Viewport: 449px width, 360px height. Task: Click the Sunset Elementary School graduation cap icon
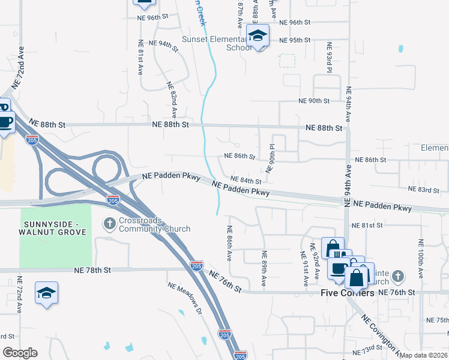pos(258,35)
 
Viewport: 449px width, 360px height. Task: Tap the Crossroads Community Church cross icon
pos(109,224)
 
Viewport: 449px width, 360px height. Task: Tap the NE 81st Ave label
pos(140,57)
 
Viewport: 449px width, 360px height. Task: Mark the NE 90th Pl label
pos(272,157)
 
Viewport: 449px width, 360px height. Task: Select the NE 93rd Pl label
pos(329,58)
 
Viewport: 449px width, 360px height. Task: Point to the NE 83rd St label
pos(424,190)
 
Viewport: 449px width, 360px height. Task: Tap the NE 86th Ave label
pos(229,243)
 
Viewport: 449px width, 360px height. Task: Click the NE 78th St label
pos(93,271)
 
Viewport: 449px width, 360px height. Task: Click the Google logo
pos(20,353)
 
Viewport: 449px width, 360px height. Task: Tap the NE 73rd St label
pos(368,349)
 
